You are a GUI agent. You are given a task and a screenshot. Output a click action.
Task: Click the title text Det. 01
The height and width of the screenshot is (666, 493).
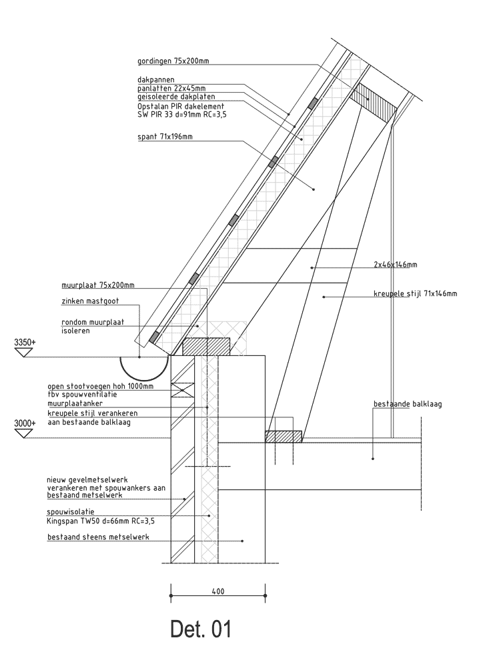tap(201, 629)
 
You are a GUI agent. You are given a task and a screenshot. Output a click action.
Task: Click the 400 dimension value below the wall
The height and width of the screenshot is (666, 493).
tap(217, 591)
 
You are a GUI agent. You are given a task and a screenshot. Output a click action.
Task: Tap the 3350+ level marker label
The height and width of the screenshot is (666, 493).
tap(25, 342)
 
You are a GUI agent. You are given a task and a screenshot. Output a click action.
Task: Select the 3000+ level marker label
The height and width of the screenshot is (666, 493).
tap(25, 423)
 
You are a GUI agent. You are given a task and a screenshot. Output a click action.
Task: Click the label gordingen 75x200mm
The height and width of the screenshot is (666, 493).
tap(173, 61)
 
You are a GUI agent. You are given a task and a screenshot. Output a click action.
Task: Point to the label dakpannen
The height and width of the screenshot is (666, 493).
tap(156, 79)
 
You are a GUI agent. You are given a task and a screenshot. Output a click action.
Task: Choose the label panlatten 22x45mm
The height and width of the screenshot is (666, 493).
tap(171, 88)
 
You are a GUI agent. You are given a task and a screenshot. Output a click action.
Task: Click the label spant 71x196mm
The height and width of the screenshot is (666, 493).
tap(165, 137)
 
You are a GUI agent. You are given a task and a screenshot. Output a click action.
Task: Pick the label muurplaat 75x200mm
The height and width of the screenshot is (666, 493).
tap(98, 285)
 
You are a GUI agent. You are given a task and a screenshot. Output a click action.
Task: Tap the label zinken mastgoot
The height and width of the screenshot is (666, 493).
tap(90, 301)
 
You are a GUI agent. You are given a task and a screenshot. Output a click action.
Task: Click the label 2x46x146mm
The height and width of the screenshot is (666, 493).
tap(396, 265)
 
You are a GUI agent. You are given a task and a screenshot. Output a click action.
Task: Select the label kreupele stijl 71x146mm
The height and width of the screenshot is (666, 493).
tap(416, 293)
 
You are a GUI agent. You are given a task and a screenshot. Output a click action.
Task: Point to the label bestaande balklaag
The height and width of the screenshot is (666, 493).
tap(408, 403)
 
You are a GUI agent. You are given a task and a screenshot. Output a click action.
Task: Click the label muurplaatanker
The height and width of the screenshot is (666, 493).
tap(75, 403)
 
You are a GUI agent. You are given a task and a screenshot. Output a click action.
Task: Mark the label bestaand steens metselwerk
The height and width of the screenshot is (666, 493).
tap(99, 537)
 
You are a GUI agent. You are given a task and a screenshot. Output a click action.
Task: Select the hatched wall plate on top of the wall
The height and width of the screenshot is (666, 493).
tap(206, 347)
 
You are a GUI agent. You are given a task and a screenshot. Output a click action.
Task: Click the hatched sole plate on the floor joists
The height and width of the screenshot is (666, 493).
tap(284, 437)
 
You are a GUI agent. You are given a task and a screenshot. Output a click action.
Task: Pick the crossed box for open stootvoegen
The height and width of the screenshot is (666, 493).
tap(183, 389)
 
